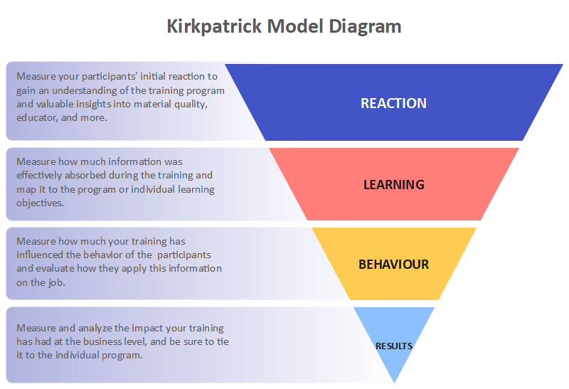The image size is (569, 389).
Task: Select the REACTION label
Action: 393,103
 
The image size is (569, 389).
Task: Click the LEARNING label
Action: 393,184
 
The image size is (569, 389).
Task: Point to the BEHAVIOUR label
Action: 393,265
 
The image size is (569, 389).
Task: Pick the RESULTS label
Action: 393,346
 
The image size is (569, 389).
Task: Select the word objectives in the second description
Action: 39,203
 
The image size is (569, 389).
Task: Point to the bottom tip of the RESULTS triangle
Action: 393,381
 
